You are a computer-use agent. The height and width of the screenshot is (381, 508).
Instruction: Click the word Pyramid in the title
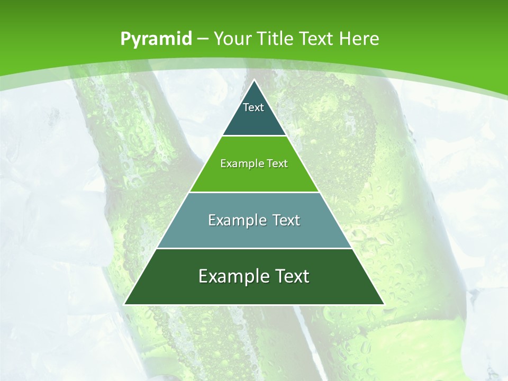(x=156, y=39)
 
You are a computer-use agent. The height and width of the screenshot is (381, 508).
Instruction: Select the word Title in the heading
(x=277, y=39)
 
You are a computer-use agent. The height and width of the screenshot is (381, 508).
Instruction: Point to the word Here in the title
(x=359, y=39)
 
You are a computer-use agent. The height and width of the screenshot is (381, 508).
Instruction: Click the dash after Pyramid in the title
(x=202, y=40)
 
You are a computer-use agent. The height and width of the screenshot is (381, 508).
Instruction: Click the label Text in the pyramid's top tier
(x=253, y=107)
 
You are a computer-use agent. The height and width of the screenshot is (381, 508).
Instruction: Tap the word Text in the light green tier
(x=276, y=164)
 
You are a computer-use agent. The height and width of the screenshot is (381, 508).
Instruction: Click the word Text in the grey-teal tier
(x=286, y=220)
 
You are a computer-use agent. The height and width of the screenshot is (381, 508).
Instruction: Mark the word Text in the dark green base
(x=291, y=276)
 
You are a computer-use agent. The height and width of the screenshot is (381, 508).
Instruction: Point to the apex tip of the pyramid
(x=254, y=80)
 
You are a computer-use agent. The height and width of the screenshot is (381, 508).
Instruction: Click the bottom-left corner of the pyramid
(x=125, y=304)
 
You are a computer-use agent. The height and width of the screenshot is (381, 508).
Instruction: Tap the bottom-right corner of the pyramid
(x=383, y=304)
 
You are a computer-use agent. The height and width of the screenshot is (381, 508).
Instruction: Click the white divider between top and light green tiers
(x=254, y=136)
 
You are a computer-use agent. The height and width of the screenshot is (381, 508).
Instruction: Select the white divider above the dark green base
(x=254, y=248)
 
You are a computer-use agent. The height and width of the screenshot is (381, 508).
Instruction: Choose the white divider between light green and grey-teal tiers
(x=254, y=192)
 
